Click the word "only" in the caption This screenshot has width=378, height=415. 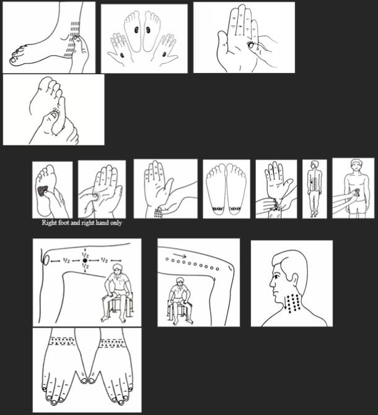click(116, 223)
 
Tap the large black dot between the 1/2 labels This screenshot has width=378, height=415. click(85, 261)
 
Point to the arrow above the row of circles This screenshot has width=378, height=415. click(181, 255)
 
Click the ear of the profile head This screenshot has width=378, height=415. click(294, 280)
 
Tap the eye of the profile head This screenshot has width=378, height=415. click(276, 276)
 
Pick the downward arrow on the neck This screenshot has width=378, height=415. click(286, 303)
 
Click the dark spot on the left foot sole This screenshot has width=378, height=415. click(136, 30)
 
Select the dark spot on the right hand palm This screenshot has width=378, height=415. click(164, 54)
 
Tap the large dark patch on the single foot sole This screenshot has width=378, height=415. click(43, 191)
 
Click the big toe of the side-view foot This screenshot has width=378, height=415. click(14, 61)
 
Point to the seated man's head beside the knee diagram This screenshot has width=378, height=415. click(116, 270)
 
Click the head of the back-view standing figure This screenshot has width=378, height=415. click(315, 165)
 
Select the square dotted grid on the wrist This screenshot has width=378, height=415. click(158, 213)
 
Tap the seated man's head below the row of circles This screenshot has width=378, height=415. click(180, 281)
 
